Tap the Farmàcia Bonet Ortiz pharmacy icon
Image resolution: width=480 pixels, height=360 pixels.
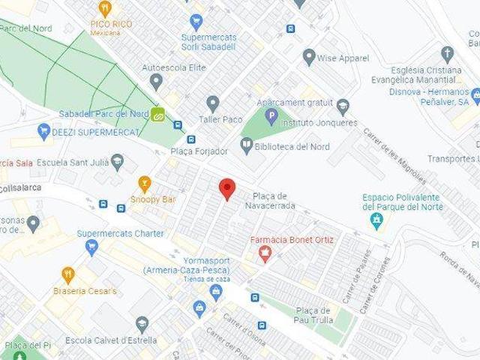coord(264,255)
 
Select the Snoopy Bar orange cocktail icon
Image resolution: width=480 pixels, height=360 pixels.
coord(145,183)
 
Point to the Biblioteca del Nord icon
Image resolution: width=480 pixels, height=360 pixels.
coord(246,143)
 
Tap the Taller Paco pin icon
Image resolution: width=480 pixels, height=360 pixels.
coord(213,102)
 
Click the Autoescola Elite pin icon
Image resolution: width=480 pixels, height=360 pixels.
coord(156,81)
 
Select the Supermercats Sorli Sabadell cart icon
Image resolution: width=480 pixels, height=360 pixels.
coord(196,21)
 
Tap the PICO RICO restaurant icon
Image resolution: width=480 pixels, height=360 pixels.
coord(105,9)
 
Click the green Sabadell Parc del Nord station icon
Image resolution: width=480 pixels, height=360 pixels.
coord(158,115)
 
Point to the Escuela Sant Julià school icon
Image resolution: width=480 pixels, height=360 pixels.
coord(117,162)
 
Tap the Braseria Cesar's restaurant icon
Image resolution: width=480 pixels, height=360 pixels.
coord(68,274)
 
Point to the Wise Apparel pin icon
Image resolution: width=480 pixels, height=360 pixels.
coord(309,57)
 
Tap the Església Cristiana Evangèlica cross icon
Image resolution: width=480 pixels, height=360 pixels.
coord(448,54)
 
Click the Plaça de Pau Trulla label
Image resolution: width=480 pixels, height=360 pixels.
coord(313,315)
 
